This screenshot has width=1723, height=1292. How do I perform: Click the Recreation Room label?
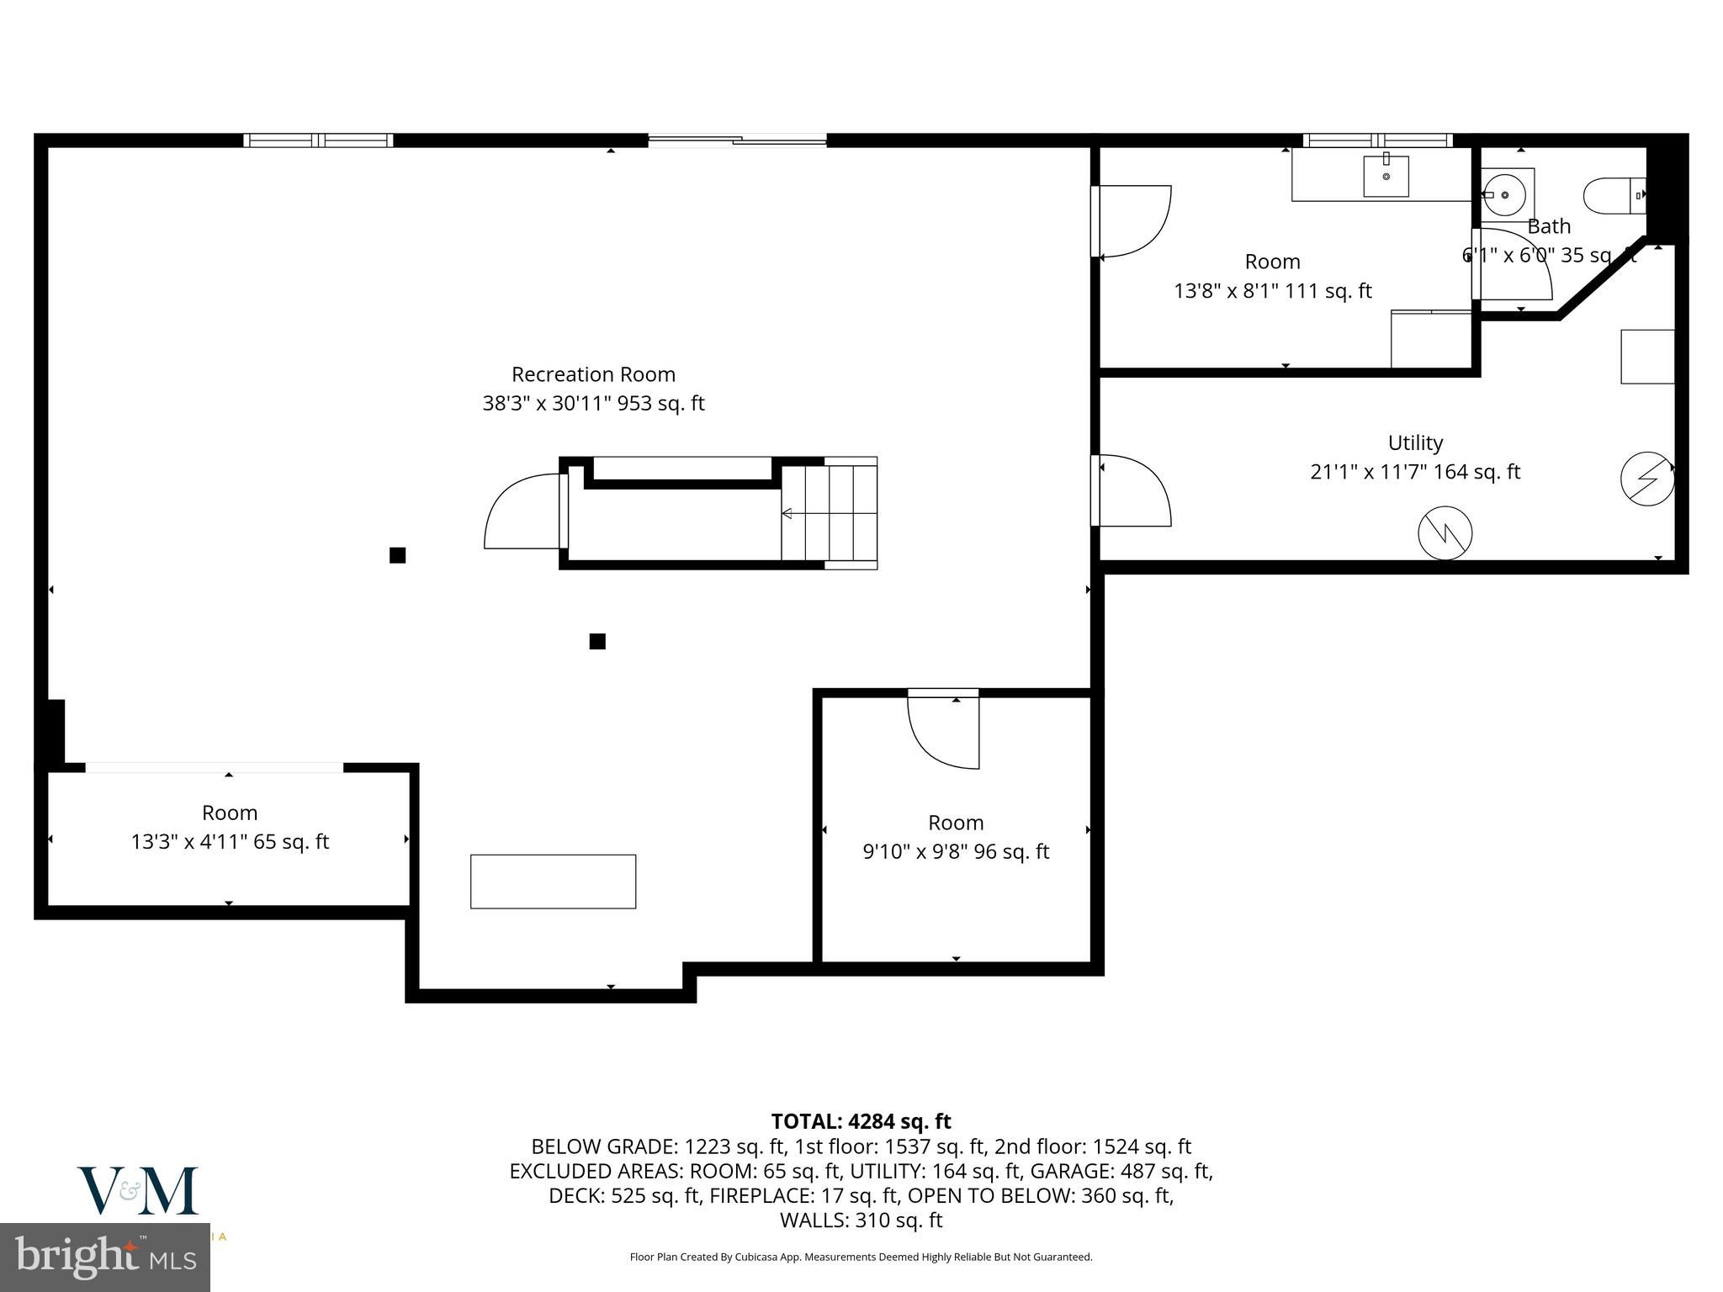[593, 374]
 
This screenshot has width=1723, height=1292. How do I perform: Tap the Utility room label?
[1415, 442]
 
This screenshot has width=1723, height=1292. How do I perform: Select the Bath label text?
[1549, 226]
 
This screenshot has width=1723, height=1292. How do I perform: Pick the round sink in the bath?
[1505, 195]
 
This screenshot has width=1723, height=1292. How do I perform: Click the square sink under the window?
[1386, 177]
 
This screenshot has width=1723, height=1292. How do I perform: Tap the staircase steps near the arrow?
[829, 513]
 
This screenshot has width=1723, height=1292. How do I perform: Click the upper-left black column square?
[398, 555]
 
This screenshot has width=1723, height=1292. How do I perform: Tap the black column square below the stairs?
[597, 642]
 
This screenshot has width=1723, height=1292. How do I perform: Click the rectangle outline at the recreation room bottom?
[553, 882]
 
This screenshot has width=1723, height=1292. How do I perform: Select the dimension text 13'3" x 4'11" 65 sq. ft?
[230, 841]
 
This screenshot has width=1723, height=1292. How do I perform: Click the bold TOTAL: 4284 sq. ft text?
[861, 1121]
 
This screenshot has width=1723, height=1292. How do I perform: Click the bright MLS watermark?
[105, 1257]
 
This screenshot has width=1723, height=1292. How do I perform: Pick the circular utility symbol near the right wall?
[1647, 479]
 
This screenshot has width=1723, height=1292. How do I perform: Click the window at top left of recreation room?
[318, 140]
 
